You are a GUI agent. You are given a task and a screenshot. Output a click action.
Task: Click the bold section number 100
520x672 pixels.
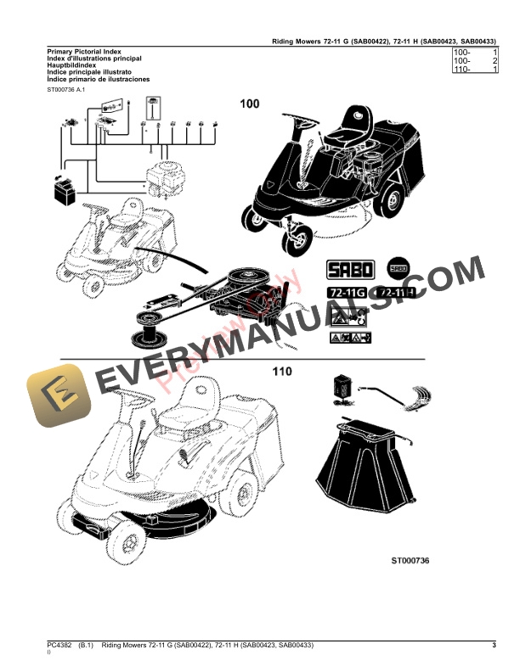(x=250, y=104)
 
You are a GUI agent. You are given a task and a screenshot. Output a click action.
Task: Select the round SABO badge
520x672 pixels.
(x=398, y=269)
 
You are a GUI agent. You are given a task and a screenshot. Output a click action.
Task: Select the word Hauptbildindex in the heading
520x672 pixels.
(x=71, y=65)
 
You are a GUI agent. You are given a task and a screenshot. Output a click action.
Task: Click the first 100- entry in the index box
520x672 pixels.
(x=464, y=53)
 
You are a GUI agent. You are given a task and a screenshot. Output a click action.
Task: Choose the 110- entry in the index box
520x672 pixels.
(x=464, y=70)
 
